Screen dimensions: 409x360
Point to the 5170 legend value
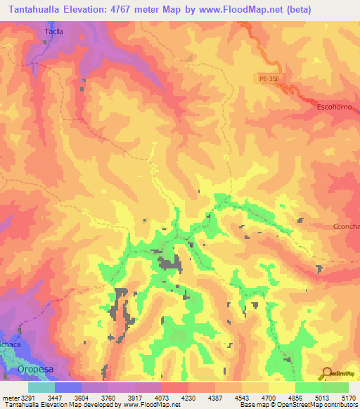349,398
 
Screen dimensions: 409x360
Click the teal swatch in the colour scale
41,387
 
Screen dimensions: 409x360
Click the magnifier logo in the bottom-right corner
326,372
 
